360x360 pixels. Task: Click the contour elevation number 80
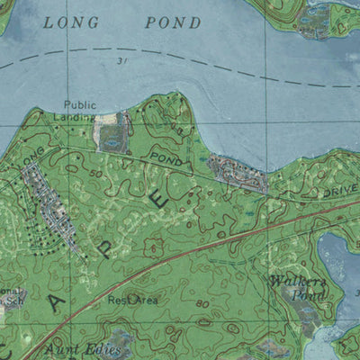tap(202, 304)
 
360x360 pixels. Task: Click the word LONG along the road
tap(33, 156)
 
